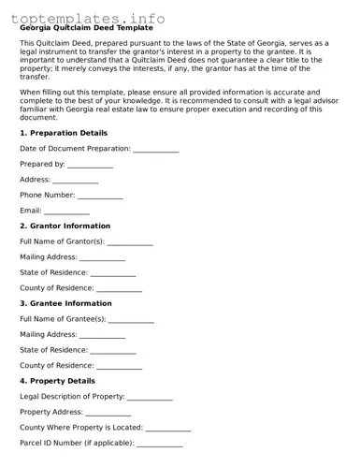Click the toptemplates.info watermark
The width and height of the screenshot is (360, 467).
88,17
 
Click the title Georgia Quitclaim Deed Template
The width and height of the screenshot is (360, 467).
86,28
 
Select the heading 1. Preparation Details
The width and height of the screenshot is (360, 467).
64,134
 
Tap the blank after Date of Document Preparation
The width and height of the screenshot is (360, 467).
155,150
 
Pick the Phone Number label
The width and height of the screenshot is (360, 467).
47,196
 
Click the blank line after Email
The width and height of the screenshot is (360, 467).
67,212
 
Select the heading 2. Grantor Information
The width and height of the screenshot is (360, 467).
65,226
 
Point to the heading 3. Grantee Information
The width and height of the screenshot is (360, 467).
65,304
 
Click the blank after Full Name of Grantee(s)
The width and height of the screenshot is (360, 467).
131,320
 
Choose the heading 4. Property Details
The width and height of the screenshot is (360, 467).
57,382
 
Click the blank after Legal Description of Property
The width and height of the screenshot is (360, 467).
150,397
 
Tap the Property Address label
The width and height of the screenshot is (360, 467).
51,413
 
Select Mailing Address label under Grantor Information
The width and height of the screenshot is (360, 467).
48,257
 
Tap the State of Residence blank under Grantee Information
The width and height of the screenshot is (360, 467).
113,351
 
